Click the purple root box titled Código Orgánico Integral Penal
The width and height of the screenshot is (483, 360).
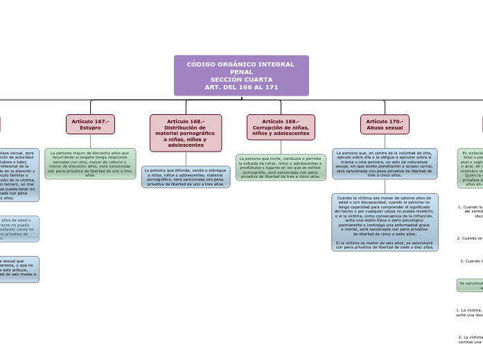coord(241,75)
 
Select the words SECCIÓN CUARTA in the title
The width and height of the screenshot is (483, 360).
coord(241,80)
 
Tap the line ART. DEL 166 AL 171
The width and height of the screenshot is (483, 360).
coord(241,87)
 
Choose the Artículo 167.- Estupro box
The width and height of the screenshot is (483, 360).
coord(90,125)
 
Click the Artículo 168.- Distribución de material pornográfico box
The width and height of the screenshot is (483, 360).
coord(186,133)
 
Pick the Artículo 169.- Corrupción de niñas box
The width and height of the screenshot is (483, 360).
coord(281,127)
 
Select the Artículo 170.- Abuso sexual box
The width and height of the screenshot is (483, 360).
coord(385,125)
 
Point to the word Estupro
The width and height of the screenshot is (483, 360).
coord(90,128)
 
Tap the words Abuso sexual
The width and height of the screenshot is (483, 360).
coord(385,128)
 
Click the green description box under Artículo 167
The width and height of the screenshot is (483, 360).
coord(90,163)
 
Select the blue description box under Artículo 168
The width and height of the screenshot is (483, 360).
coord(186,177)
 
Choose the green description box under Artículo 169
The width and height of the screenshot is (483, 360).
coord(281,167)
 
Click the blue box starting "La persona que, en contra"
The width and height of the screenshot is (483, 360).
coord(385,163)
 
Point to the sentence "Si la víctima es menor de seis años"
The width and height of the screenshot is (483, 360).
coord(385,245)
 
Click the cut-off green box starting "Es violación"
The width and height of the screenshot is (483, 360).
coord(470,168)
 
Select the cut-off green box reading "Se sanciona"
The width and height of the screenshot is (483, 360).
coord(470,285)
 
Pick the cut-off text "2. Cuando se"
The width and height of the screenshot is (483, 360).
coord(470,238)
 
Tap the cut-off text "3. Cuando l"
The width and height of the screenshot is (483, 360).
coord(471,261)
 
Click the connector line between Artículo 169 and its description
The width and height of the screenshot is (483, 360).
coord(281,147)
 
